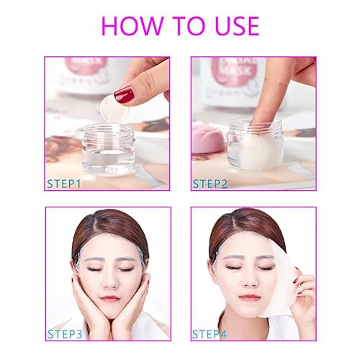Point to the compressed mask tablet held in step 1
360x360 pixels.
tap(113, 109)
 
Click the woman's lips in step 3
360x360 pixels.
tap(109, 297)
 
